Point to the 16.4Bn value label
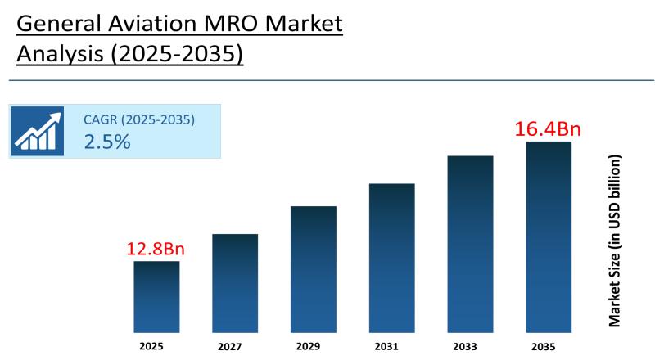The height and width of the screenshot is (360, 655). click(x=547, y=129)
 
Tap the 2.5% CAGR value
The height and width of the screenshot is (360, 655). click(x=107, y=142)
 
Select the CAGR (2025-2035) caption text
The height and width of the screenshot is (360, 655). click(x=139, y=120)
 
